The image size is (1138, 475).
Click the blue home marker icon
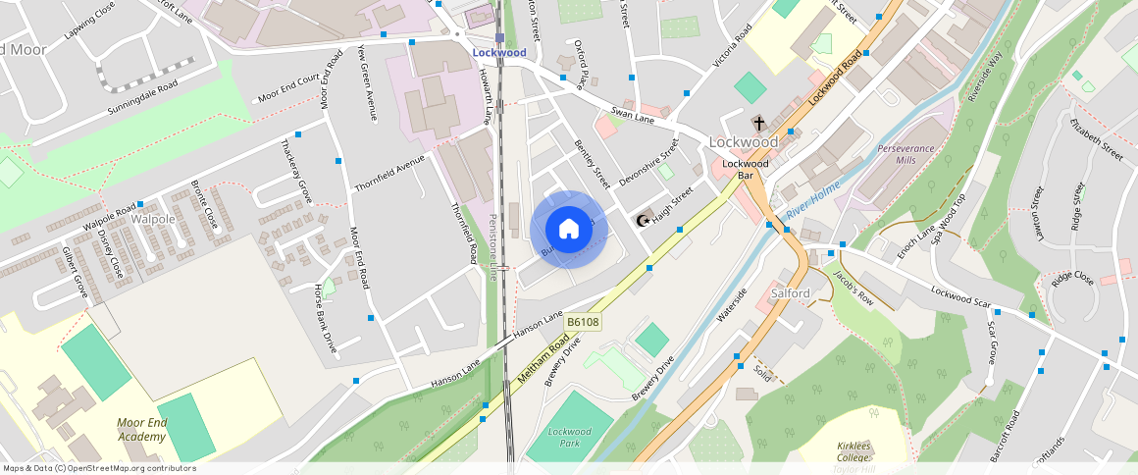568,230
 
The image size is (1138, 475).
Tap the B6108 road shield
583,322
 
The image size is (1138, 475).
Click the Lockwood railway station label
498,53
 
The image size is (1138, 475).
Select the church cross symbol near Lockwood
758,124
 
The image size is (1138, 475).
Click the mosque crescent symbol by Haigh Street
645,221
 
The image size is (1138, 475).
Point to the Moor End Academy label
142,429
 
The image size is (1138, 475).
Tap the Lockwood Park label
570,437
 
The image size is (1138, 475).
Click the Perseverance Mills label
905,153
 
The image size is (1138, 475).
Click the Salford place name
790,293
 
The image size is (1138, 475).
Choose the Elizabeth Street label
1096,138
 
